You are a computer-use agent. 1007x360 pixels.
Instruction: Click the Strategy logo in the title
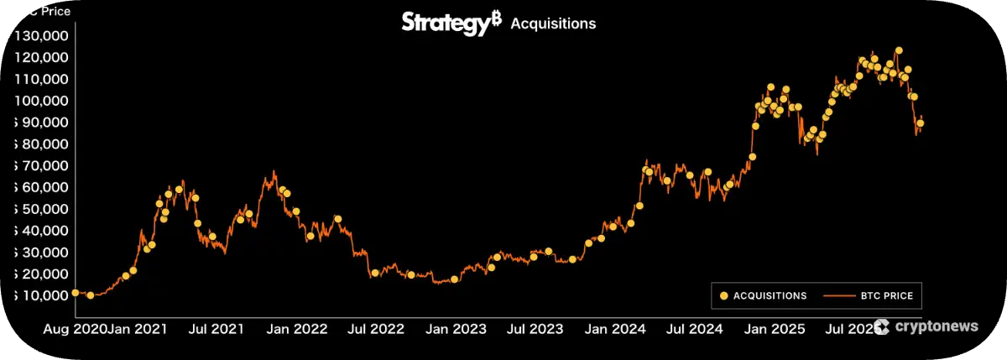point(444,23)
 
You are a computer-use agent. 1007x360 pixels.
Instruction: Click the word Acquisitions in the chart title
point(553,23)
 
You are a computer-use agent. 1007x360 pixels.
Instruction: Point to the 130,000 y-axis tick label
point(42,36)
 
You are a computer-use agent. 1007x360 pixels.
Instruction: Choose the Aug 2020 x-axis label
point(75,328)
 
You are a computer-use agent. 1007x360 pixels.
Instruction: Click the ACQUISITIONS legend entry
point(763,295)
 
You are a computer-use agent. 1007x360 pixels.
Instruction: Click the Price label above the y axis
point(55,12)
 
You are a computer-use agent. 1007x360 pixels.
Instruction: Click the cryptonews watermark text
point(937,326)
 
